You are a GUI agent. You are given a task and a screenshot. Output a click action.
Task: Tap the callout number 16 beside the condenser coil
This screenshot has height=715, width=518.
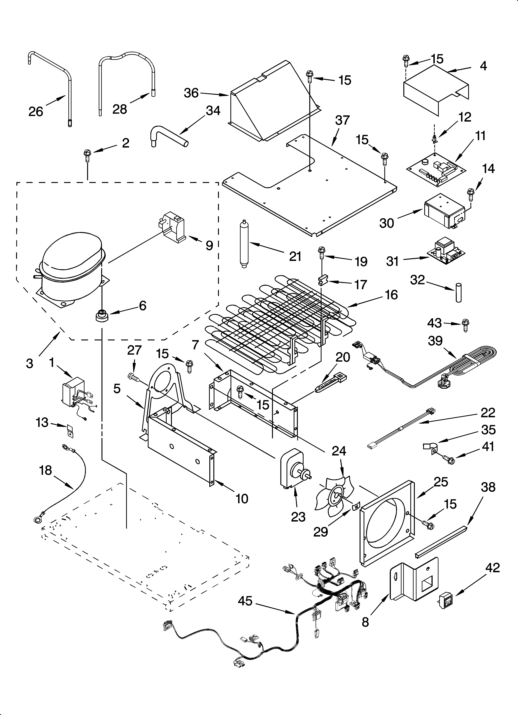coord(391,295)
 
